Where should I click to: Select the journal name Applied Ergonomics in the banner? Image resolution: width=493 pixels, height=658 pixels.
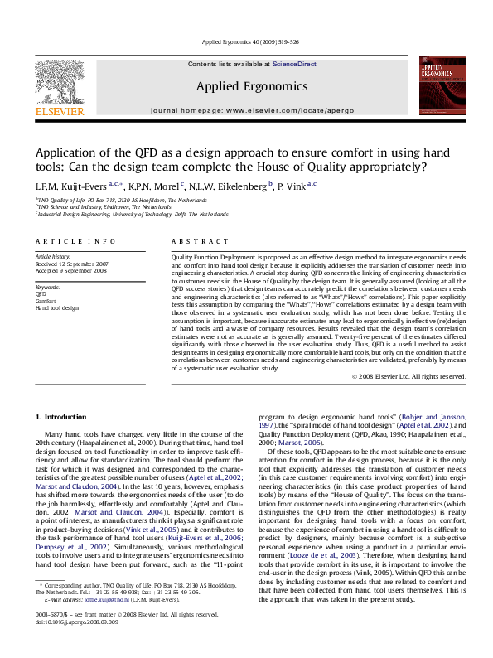click(252, 86)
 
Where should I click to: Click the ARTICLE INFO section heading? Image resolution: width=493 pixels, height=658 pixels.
click(75, 241)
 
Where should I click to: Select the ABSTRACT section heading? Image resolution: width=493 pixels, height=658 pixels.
click(196, 241)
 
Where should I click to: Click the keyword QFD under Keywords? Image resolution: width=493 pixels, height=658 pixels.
click(41, 293)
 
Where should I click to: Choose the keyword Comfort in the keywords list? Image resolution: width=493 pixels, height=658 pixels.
click(46, 300)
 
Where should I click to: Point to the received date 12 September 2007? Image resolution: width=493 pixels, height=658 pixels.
click(74, 264)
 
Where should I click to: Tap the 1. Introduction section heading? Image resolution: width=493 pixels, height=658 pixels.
click(63, 416)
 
